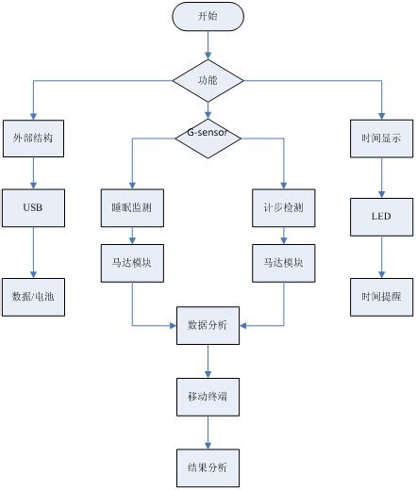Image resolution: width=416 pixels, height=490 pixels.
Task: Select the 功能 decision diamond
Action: tap(208, 82)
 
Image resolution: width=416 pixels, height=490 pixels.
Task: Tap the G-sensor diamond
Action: tap(208, 138)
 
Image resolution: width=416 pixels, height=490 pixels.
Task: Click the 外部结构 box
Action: tap(34, 138)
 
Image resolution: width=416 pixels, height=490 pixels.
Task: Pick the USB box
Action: tap(34, 204)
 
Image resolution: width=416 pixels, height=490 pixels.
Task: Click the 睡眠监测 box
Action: tap(131, 204)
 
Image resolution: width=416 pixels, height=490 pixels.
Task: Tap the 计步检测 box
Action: tap(283, 204)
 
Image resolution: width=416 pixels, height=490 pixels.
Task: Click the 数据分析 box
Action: tap(208, 325)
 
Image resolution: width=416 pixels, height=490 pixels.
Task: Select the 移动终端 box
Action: tap(208, 399)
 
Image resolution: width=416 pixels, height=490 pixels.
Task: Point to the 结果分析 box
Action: tap(208, 467)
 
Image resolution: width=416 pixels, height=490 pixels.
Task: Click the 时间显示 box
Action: tap(381, 138)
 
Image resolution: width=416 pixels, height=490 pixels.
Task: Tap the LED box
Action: tap(381, 217)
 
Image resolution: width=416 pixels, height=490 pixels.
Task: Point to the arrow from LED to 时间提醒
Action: tap(381, 256)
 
